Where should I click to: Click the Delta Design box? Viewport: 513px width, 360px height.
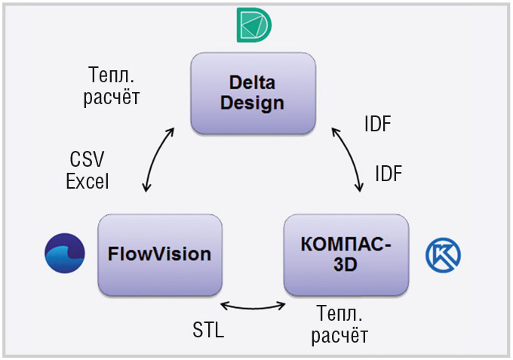click(x=253, y=94)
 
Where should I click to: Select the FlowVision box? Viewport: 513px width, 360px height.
click(x=160, y=255)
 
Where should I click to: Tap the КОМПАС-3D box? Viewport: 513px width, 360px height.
click(x=346, y=255)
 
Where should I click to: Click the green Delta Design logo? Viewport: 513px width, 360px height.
click(x=254, y=25)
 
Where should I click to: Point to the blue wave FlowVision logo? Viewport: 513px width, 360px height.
click(x=65, y=253)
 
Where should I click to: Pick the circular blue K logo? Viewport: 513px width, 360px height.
click(x=443, y=255)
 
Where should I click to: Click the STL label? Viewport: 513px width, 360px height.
click(x=208, y=330)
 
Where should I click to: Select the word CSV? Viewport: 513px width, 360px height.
click(x=87, y=159)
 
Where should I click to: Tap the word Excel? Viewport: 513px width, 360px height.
click(x=88, y=181)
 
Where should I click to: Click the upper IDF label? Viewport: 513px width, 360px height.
click(x=378, y=124)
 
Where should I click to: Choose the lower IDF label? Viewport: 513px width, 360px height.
click(x=389, y=174)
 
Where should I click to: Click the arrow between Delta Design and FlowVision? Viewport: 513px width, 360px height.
click(x=155, y=158)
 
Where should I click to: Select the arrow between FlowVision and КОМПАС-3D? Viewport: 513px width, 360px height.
click(x=253, y=308)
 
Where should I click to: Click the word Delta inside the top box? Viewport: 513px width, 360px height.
click(x=252, y=82)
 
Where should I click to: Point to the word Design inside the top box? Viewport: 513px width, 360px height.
click(x=252, y=103)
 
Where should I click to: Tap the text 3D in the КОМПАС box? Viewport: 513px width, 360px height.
click(x=346, y=264)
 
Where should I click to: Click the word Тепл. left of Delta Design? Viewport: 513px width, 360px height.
click(x=111, y=75)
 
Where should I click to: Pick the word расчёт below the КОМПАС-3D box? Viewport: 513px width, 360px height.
click(x=339, y=335)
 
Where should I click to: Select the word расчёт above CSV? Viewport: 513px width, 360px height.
click(x=112, y=97)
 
